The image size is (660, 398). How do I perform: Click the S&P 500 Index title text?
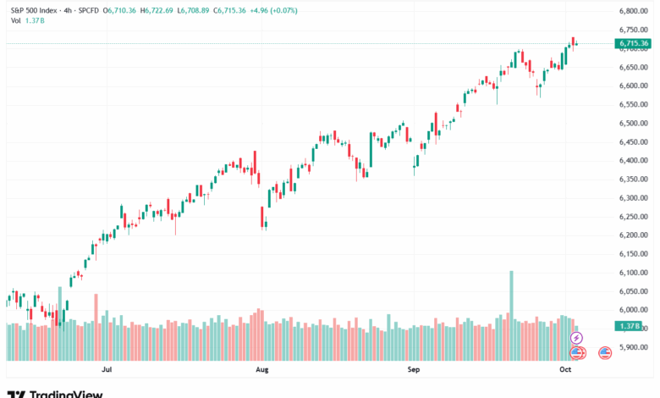pyautogui.click(x=34, y=10)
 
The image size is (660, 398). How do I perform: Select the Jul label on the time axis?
pyautogui.click(x=107, y=369)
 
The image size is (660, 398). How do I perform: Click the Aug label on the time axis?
pyautogui.click(x=262, y=369)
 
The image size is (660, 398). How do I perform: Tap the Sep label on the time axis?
pyautogui.click(x=414, y=369)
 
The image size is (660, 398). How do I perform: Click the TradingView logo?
pyautogui.click(x=56, y=393)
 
